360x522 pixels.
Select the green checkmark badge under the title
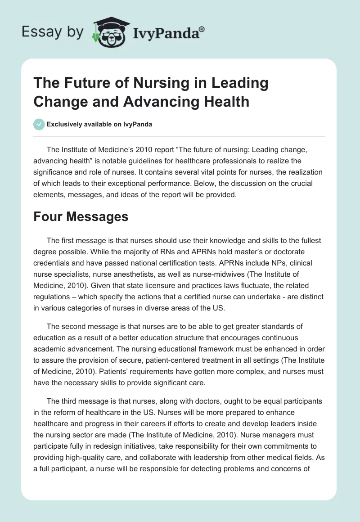39,124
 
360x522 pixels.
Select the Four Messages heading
81,216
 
